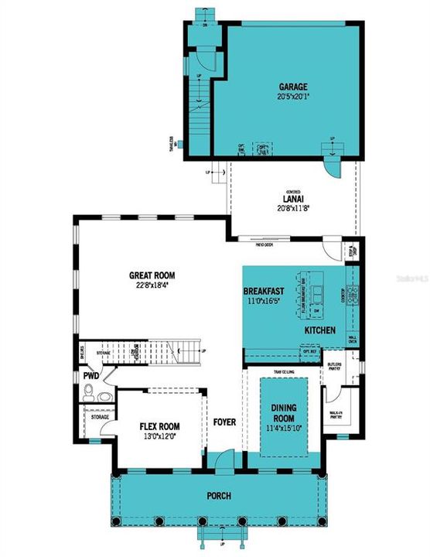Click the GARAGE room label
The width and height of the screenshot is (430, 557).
pos(293,87)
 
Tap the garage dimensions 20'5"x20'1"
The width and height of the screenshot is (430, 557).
pos(293,97)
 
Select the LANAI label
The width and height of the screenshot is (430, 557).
pos(294,198)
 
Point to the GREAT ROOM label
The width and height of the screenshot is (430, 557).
pos(153,275)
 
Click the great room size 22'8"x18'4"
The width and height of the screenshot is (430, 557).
pos(153,284)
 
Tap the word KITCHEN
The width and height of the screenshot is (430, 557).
pos(319,330)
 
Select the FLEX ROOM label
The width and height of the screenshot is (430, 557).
pos(159,426)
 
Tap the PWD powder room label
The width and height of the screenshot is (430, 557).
pos(90,376)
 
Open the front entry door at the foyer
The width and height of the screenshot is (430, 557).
pos(224,463)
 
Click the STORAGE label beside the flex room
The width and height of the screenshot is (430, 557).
pos(100,416)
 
